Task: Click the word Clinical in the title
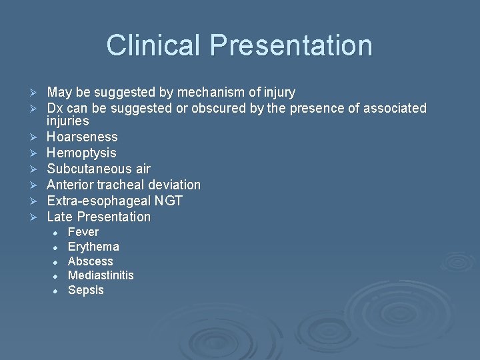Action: (x=154, y=45)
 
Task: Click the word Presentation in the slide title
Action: (x=291, y=45)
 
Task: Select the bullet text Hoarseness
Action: (x=82, y=137)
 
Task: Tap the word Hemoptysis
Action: (x=81, y=153)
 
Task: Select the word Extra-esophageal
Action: (x=95, y=201)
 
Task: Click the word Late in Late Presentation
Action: (x=59, y=217)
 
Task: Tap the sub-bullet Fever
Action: (x=83, y=232)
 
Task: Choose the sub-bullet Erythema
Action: (x=93, y=247)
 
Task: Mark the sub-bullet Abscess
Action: (x=91, y=261)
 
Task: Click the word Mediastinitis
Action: (x=101, y=275)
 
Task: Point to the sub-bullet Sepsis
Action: (x=86, y=290)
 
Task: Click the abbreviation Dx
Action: (x=55, y=108)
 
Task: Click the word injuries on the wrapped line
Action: (x=67, y=121)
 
